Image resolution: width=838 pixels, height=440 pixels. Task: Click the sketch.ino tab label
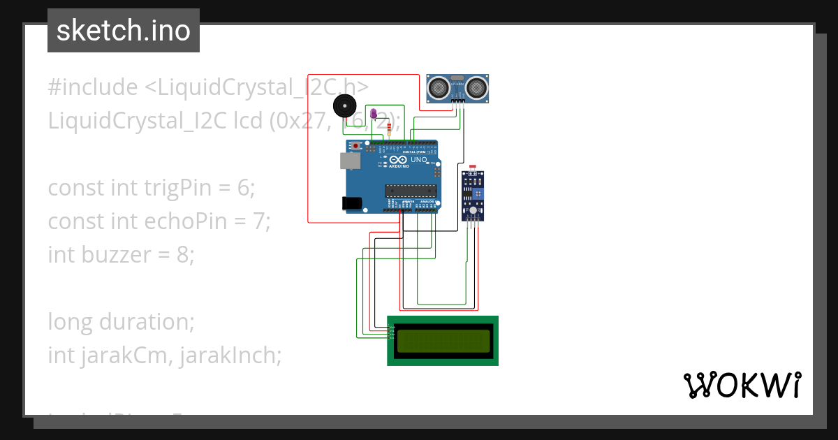coord(124,31)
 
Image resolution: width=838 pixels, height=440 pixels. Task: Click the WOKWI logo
coord(741,385)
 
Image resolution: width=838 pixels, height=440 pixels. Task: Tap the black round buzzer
coord(344,107)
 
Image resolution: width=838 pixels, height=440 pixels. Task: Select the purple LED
coord(373,113)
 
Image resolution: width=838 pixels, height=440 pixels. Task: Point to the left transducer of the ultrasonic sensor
coord(438,87)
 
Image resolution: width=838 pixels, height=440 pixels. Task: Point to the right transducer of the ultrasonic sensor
coord(477,87)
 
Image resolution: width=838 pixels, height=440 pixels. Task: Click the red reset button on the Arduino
coord(357,146)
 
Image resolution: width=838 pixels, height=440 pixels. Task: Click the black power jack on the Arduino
coord(351,203)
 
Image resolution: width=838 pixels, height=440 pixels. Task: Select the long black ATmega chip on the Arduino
coord(411,190)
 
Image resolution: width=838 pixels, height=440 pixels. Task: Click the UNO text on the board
coord(418,160)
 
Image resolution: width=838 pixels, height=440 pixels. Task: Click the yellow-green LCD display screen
coord(443,341)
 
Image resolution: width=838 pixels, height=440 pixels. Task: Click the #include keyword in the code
coord(93,87)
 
